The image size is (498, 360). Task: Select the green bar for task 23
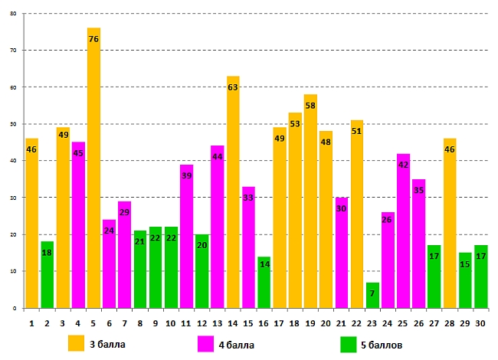[372, 296]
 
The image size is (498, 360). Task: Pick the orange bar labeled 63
[233, 192]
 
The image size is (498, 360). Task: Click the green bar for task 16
[264, 283]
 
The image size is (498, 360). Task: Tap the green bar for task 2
[48, 275]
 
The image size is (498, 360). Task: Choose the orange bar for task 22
[357, 214]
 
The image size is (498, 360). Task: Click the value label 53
[295, 124]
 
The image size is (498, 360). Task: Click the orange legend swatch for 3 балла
[76, 343]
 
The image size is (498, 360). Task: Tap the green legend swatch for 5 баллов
[349, 343]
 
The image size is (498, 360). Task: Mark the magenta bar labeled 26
[388, 260]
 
